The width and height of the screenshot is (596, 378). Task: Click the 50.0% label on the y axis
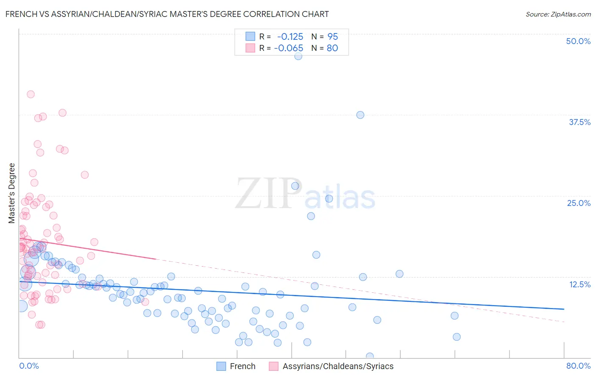point(578,41)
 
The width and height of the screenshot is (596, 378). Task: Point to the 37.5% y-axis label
point(579,122)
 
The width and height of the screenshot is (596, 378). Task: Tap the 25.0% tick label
point(579,203)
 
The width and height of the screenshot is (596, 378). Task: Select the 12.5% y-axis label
point(579,284)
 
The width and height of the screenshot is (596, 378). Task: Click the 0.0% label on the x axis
point(29,366)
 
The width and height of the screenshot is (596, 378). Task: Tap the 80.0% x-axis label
point(578,366)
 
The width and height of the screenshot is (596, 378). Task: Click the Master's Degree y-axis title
point(12,193)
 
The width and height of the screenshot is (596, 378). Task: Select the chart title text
point(167,14)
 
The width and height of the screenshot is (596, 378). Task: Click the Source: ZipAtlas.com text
point(558,14)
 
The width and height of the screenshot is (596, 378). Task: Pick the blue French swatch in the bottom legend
point(221,366)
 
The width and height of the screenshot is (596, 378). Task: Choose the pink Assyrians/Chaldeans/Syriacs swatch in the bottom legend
point(274,366)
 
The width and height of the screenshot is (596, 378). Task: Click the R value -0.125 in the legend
point(290,36)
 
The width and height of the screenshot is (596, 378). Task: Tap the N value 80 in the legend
point(332,48)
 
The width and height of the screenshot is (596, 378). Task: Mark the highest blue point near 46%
point(298,56)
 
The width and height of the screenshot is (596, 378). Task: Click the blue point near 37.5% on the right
point(360,115)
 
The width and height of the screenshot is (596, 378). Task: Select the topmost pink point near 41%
point(31,94)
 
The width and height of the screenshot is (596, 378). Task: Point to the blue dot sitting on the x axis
point(370,356)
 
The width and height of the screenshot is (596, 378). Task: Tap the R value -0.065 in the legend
point(289,48)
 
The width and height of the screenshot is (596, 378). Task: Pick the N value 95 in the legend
point(332,36)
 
